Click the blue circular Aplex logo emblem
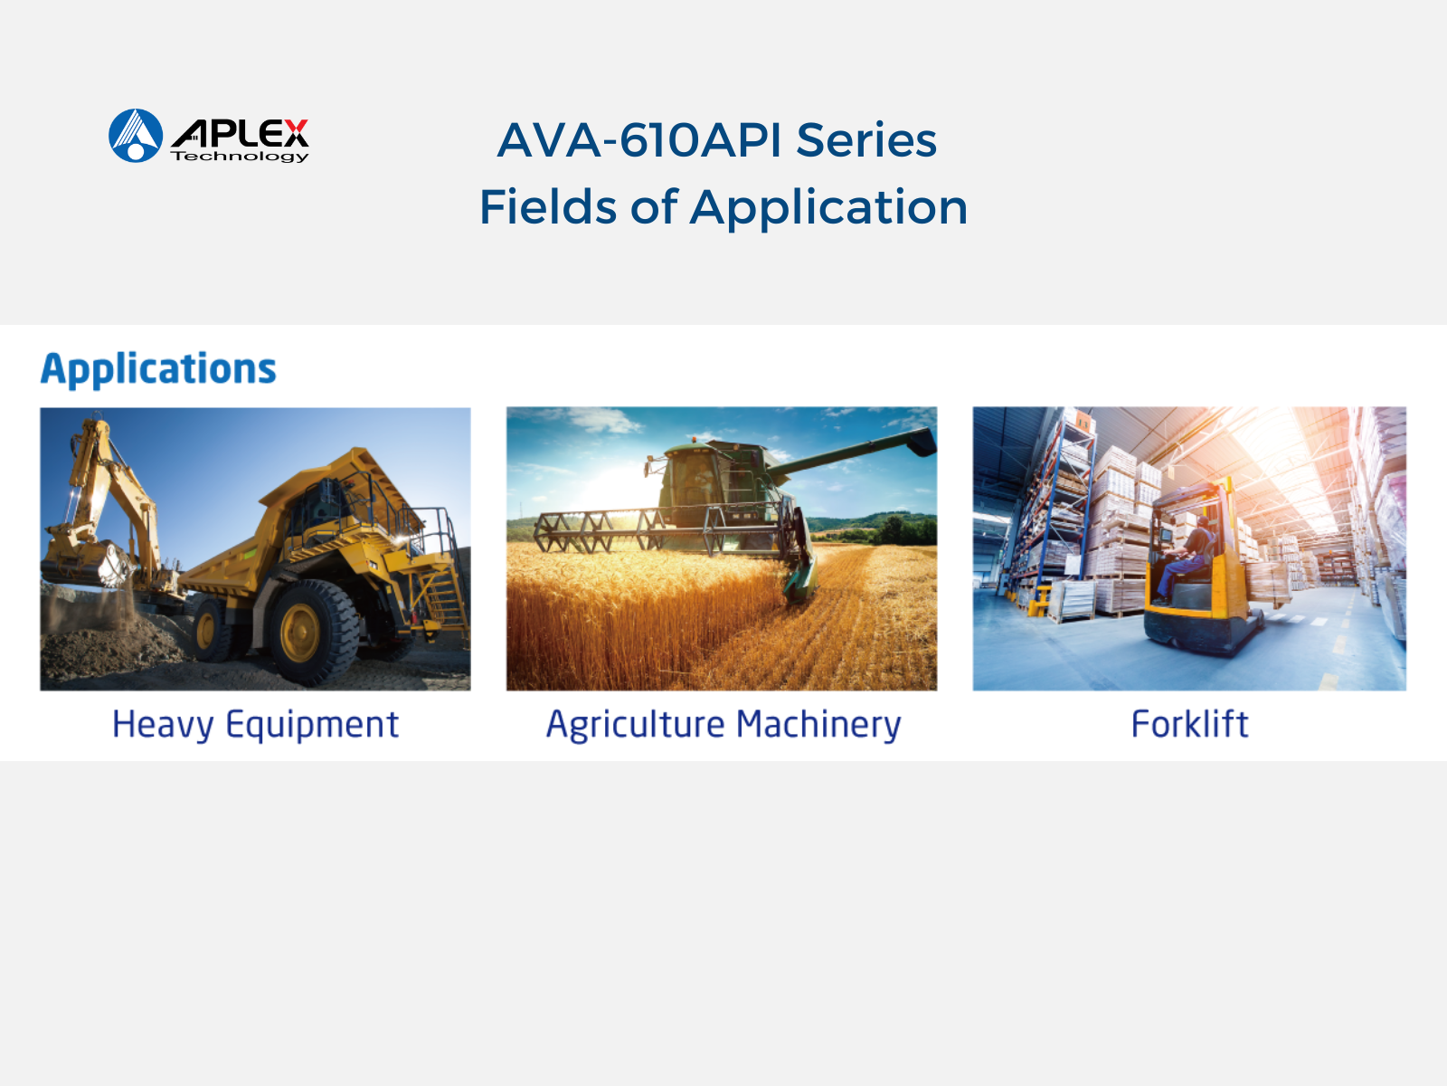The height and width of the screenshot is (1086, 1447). coord(136,135)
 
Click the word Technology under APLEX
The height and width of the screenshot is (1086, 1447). coord(240,157)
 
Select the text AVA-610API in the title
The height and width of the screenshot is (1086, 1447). coord(638,140)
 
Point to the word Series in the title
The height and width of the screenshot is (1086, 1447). coord(866,140)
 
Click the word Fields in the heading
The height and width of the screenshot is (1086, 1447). coord(548,207)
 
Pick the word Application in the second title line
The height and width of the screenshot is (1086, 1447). coord(828,208)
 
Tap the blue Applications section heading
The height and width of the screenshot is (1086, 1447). coord(159,369)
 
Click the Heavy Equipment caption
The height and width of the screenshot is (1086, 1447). coord(255,725)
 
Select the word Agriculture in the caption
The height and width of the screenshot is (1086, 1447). coord(636,725)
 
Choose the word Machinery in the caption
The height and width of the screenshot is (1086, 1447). coord(818,725)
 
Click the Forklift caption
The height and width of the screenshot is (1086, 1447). coord(1189,724)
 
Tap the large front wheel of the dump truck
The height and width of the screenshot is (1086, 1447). coord(313,632)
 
